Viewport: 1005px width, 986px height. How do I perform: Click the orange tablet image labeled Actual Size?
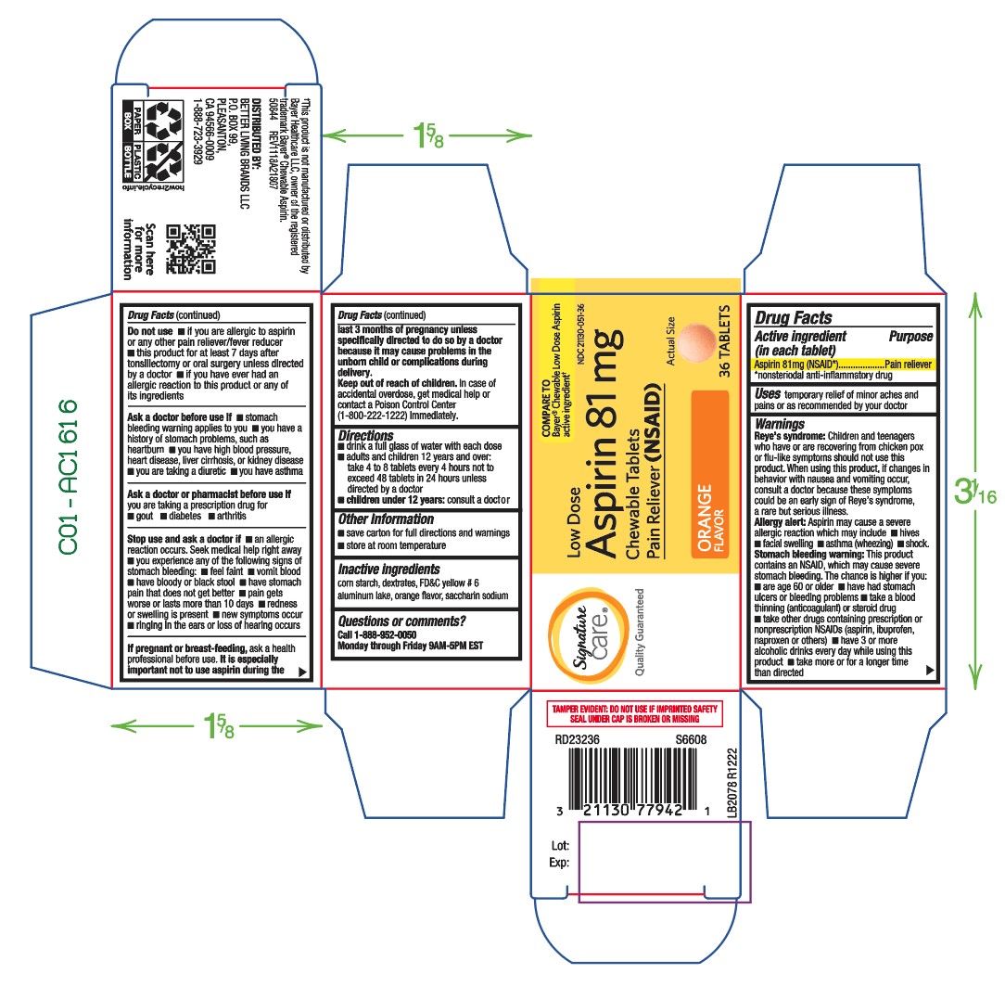pos(698,342)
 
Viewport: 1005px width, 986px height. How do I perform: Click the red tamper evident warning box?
pos(636,712)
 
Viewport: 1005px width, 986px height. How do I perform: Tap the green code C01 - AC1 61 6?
pos(68,477)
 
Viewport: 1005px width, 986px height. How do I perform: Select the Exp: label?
pos(558,864)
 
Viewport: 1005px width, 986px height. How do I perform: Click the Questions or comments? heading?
pos(401,621)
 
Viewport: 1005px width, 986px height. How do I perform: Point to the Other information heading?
pos(386,519)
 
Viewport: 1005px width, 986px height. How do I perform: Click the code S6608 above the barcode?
pos(691,740)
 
